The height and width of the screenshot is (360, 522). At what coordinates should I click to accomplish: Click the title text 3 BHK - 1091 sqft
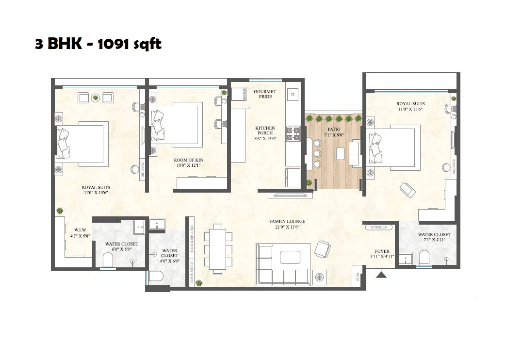tap(98, 44)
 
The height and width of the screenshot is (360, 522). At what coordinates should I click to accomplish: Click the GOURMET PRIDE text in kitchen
tap(265, 94)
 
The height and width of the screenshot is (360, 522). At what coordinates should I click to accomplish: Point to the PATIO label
tap(333, 130)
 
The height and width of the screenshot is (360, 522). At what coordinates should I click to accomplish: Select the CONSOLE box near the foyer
tap(378, 227)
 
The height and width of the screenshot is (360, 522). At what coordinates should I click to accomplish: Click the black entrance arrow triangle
tap(382, 275)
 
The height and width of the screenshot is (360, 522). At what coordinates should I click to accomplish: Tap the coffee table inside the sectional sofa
tap(291, 257)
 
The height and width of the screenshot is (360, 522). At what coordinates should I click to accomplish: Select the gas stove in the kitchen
tap(293, 133)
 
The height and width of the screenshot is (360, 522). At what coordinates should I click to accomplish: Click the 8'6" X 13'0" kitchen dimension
tap(265, 138)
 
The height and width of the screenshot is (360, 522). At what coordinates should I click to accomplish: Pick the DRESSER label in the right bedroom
tap(454, 166)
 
